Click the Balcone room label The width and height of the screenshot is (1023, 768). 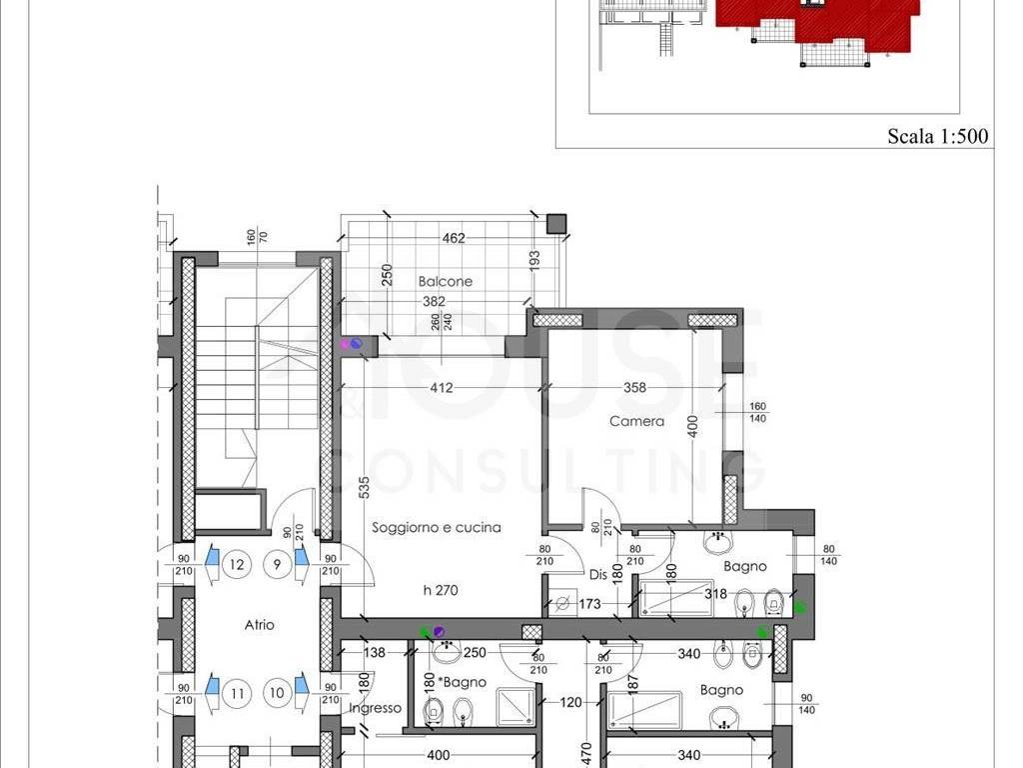coord(445,281)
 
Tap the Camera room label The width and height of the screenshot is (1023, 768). coord(636,421)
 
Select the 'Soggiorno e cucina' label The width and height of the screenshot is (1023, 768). coord(437,527)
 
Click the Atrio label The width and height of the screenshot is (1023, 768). coord(259,625)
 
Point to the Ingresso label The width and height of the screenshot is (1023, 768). coord(376,708)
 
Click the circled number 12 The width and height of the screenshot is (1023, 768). coord(236,564)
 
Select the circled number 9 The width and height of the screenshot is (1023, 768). coord(278,564)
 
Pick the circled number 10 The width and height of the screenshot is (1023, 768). coord(278,692)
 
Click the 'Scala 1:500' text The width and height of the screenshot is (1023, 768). coord(937,136)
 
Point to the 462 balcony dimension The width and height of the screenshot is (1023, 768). coord(454,238)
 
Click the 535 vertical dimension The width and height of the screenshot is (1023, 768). coord(364,488)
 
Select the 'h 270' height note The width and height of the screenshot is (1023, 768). coord(441,590)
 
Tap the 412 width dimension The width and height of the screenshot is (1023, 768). coord(442,388)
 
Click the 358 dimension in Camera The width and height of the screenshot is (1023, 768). coord(634,388)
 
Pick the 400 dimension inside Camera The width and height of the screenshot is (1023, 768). coord(693,427)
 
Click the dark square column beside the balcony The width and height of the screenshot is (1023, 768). coord(555,223)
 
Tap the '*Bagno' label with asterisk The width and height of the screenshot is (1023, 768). coord(463,682)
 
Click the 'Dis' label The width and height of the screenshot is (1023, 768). coord(598,575)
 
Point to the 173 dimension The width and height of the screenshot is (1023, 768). coord(589,604)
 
